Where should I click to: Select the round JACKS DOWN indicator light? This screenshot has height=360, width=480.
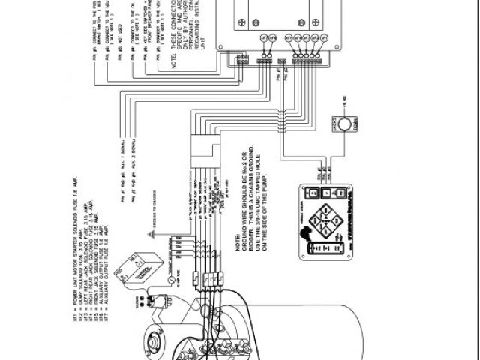[x=343, y=123]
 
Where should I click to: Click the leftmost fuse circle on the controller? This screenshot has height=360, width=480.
[x=264, y=37]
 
